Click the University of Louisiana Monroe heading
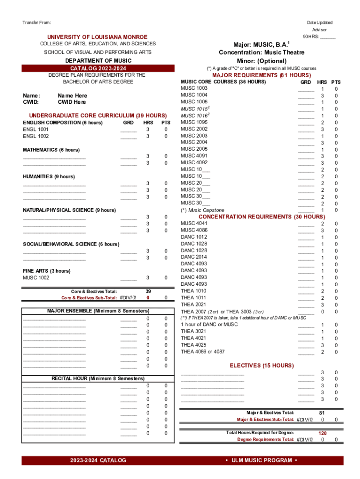[x=97, y=37]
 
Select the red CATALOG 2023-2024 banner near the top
[x=97, y=68]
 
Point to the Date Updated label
[x=320, y=22]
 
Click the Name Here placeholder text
[x=72, y=95]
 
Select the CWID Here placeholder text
[x=72, y=102]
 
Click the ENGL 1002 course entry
[x=36, y=136]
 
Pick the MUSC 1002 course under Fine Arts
[x=36, y=278]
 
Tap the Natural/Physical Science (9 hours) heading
[x=69, y=210]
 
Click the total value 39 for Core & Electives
[x=148, y=291]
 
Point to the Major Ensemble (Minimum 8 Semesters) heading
[x=98, y=311]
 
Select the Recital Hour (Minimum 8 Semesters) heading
[x=98, y=378]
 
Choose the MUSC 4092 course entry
[x=194, y=163]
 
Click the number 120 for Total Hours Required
[x=322, y=433]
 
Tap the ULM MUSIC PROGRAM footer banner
[x=261, y=460]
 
